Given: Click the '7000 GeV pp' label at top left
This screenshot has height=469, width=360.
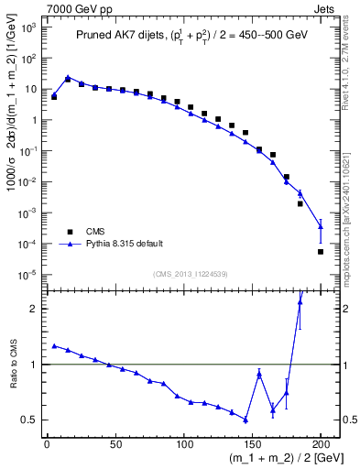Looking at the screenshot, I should click(x=74, y=10).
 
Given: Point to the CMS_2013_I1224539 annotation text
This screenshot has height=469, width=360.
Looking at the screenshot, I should click(x=191, y=273).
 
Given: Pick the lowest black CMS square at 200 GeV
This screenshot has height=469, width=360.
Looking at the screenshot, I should click(x=321, y=251).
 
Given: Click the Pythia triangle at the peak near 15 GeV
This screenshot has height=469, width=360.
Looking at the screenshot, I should click(x=68, y=78).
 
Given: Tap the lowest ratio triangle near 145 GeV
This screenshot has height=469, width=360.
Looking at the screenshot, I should click(x=245, y=420).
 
